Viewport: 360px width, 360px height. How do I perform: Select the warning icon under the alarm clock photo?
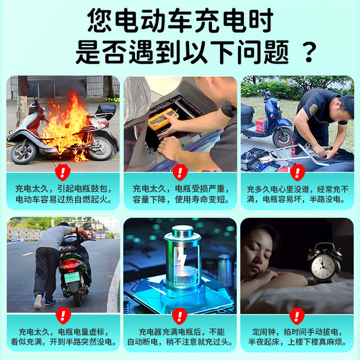point(297,316)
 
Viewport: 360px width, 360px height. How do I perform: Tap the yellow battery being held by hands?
point(162,119)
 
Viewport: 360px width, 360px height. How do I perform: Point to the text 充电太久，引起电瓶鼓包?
point(63,190)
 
